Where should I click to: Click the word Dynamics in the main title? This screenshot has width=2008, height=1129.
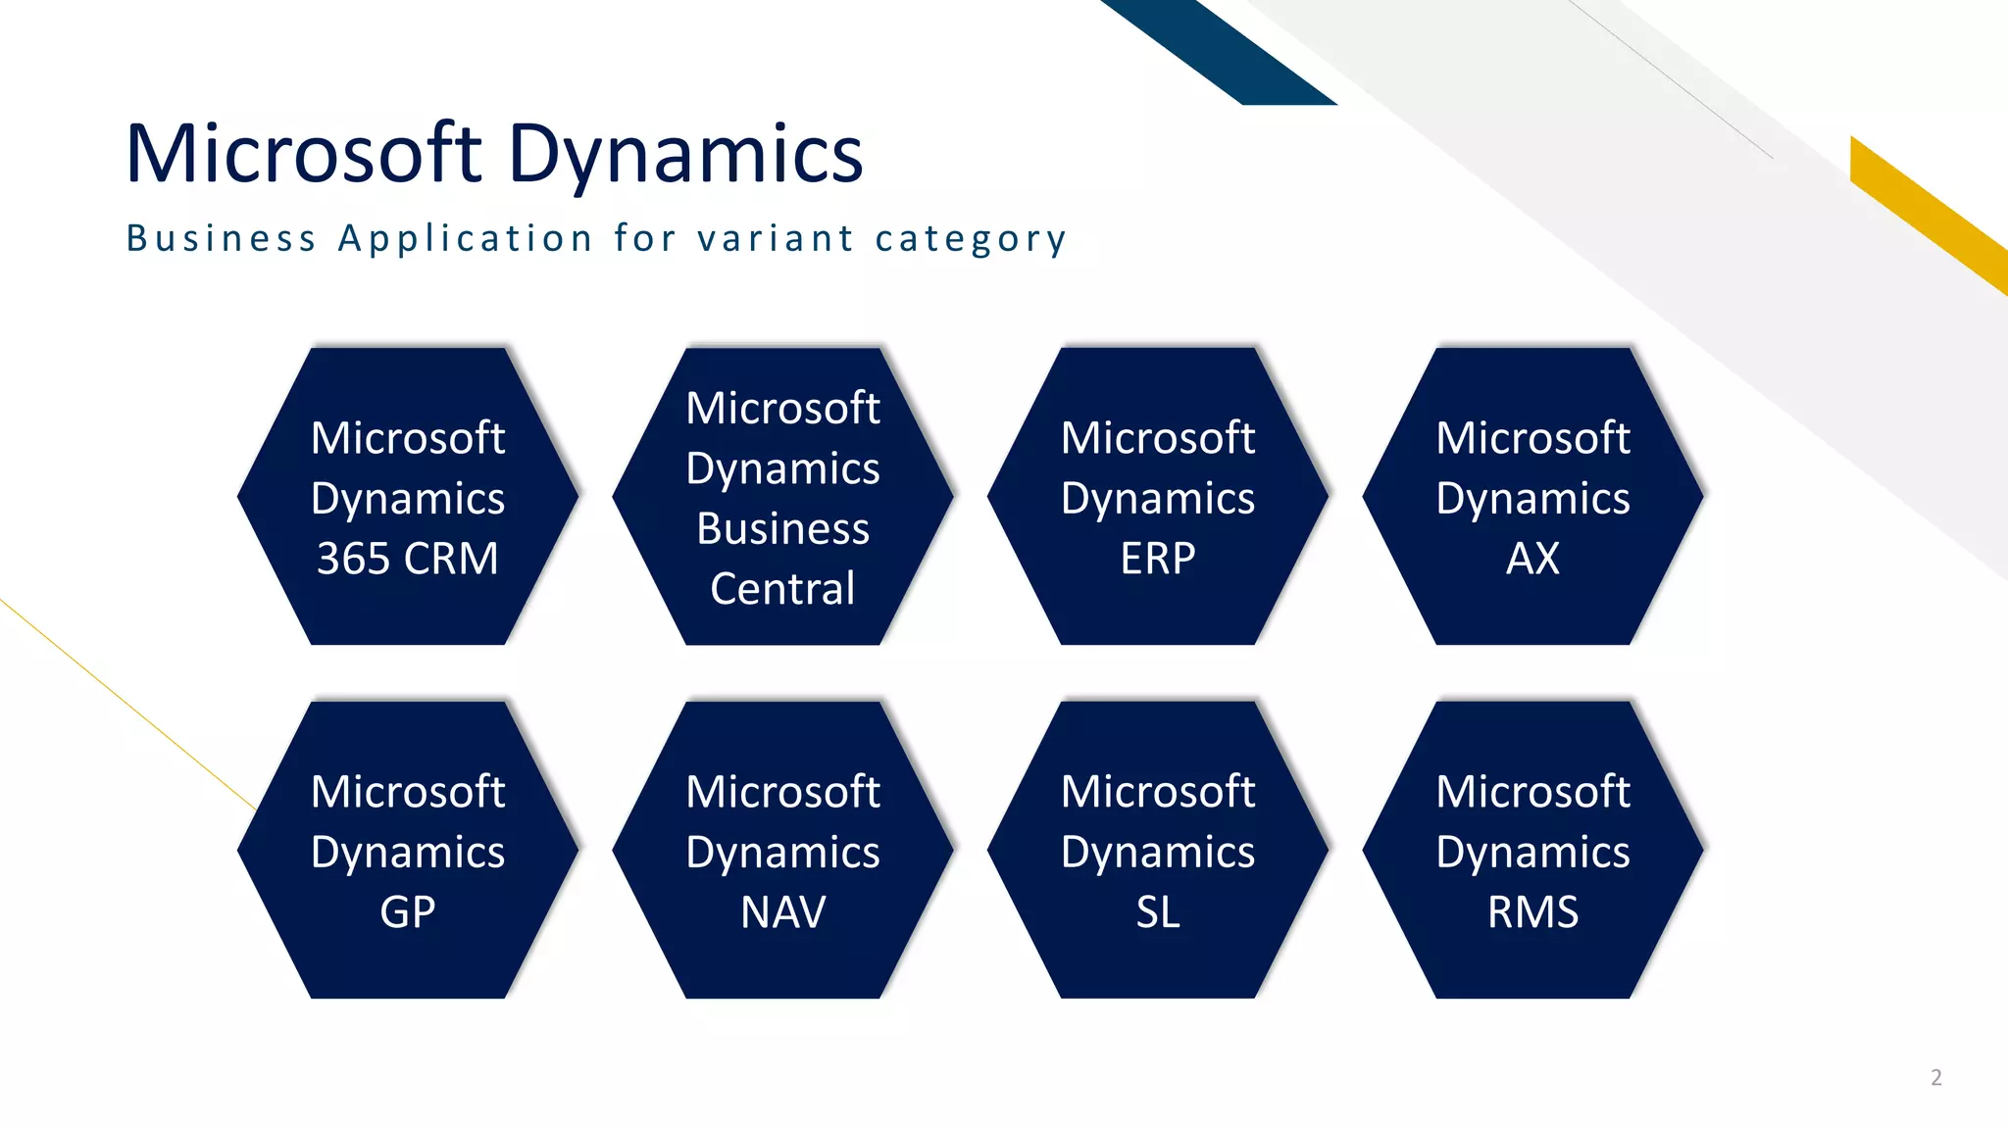pyautogui.click(x=685, y=155)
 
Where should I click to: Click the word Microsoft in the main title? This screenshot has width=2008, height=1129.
pyautogui.click(x=304, y=155)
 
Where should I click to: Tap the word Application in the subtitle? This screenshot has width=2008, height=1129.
pyautogui.click(x=466, y=238)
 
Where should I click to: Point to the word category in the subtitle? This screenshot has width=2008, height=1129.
pyautogui.click(x=971, y=239)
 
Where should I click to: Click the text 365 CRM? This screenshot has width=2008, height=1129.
pyautogui.click(x=407, y=559)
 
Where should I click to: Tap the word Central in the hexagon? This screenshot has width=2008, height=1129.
pyautogui.click(x=782, y=589)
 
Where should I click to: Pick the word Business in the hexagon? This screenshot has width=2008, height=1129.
pyautogui.click(x=782, y=529)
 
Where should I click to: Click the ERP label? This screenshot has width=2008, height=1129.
pyautogui.click(x=1157, y=559)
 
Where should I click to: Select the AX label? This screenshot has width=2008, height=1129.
pyautogui.click(x=1532, y=559)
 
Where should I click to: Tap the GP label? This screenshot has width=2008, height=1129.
pyautogui.click(x=407, y=912)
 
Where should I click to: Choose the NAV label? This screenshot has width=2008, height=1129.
pyautogui.click(x=782, y=912)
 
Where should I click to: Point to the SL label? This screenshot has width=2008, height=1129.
pyautogui.click(x=1157, y=912)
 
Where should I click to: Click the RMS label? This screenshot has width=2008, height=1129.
pyautogui.click(x=1532, y=912)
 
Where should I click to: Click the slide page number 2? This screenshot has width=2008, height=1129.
pyautogui.click(x=1935, y=1078)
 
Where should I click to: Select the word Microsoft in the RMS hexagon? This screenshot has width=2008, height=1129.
pyautogui.click(x=1532, y=792)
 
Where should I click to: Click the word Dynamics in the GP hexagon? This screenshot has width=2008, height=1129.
pyautogui.click(x=407, y=853)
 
